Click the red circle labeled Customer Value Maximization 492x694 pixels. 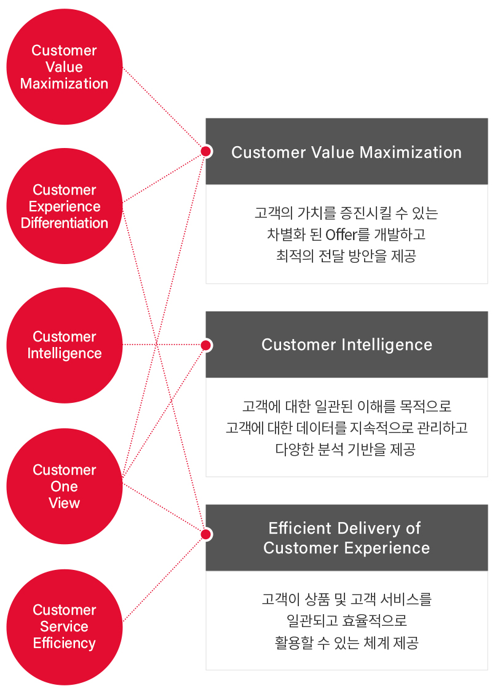click(x=64, y=67)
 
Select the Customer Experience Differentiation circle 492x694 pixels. click(x=64, y=206)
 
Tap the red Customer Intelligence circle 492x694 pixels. click(x=64, y=345)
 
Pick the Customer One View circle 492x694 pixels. click(x=64, y=486)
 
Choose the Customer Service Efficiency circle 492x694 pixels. click(x=64, y=626)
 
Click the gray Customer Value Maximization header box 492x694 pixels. click(x=346, y=152)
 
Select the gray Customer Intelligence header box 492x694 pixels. click(x=346, y=345)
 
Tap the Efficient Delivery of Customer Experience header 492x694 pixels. click(x=346, y=537)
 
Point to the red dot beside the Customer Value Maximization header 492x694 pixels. click(x=206, y=151)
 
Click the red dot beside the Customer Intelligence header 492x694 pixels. click(x=206, y=345)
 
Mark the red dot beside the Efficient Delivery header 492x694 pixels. click(x=206, y=534)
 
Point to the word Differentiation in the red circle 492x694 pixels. click(x=64, y=223)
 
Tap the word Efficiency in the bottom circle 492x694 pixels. click(x=64, y=643)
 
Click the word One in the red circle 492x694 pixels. click(x=64, y=486)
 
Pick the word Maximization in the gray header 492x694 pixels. click(x=411, y=152)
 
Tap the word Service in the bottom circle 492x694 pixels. click(x=64, y=626)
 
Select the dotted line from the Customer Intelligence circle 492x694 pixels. click(x=163, y=345)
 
